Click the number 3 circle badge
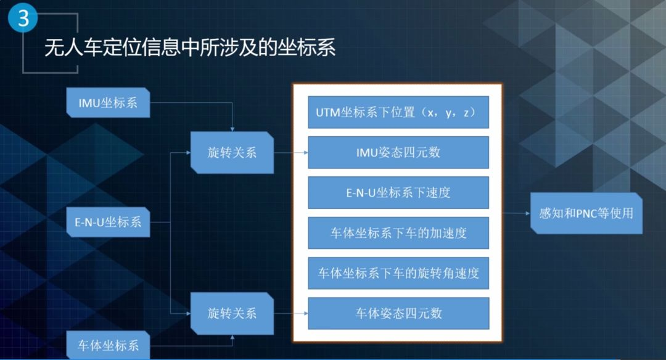pos(23,18)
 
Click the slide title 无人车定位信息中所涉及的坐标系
pos(190,47)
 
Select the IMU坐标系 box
pos(109,102)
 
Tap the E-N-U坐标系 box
pos(109,221)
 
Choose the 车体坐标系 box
pos(109,345)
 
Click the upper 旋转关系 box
pos(232,152)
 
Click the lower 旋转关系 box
pos(232,313)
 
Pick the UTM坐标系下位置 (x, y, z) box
pos(398,112)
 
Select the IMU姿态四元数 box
pos(398,152)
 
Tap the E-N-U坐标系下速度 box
pos(398,193)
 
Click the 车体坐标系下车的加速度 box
pos(398,233)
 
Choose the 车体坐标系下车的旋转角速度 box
pos(398,273)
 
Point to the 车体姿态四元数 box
pos(398,313)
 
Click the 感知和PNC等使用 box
pos(586,213)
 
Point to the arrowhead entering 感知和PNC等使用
pos(528,213)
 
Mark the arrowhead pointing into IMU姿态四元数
pos(305,152)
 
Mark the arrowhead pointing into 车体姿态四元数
pos(305,313)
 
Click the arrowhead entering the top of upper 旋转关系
pos(232,129)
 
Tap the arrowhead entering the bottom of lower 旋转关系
pos(232,337)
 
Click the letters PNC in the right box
pos(586,213)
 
